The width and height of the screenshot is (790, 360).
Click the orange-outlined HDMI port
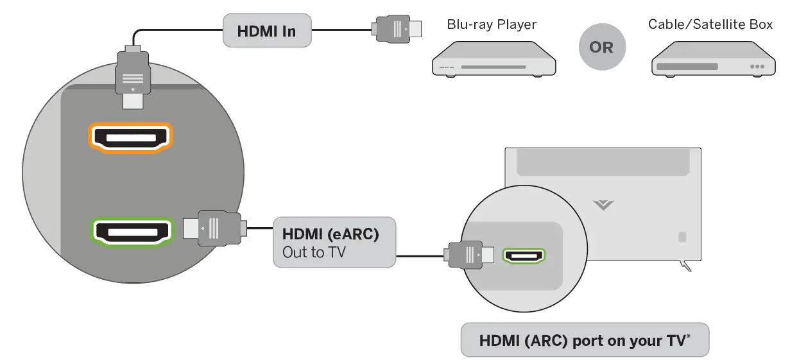tap(130, 137)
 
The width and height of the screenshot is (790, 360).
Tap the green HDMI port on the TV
tap(524, 255)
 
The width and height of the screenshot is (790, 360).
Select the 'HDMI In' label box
tap(266, 30)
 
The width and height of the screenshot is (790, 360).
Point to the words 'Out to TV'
tap(314, 252)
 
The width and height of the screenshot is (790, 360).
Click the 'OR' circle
tap(601, 47)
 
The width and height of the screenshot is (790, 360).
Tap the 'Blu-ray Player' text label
tap(492, 25)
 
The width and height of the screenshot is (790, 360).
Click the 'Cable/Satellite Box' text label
tap(710, 24)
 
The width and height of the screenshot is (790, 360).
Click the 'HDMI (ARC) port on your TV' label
tap(585, 339)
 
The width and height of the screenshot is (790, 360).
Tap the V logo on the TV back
tap(603, 205)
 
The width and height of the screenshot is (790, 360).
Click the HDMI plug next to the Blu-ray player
tap(397, 29)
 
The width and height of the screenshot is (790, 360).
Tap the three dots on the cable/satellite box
tap(757, 66)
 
